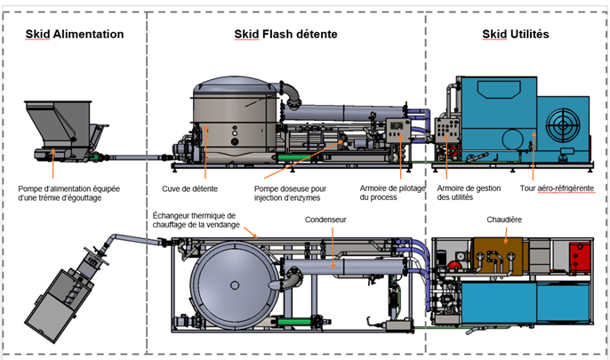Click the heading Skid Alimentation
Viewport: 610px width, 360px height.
(74, 35)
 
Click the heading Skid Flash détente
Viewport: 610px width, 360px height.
(285, 35)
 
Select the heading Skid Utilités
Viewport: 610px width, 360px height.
(515, 35)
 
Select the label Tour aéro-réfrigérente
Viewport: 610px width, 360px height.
(558, 188)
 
